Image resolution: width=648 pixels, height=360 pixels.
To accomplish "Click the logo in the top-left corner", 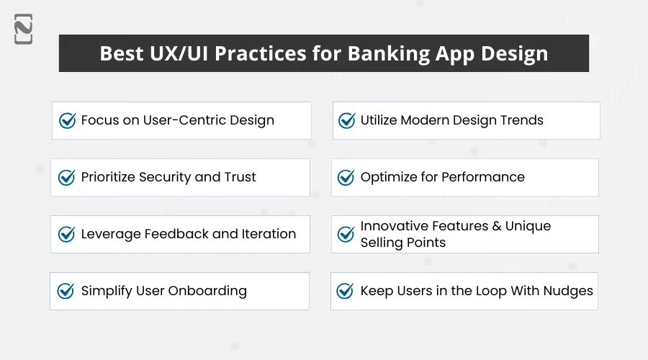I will [23, 30].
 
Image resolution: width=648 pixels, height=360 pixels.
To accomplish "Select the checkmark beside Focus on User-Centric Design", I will [68, 120].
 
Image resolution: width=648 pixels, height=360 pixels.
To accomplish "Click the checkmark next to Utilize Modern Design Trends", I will [347, 120].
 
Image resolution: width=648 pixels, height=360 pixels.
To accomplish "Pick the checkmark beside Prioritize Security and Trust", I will [66, 177].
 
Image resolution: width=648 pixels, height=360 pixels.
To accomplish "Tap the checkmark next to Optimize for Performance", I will [346, 177].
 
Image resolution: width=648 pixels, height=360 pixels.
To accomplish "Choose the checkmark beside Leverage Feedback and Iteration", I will [66, 234].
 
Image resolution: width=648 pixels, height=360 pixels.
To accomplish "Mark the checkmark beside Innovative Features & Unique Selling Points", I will [346, 234].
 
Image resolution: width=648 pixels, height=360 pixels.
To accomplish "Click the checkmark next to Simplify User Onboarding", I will [66, 291].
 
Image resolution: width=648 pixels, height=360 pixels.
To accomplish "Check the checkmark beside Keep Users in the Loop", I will [346, 291].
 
